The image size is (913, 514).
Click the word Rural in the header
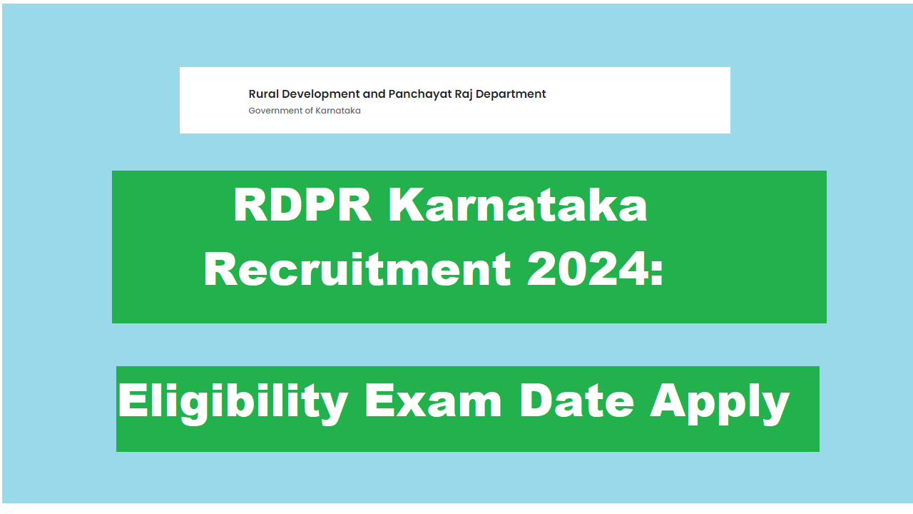point(262,94)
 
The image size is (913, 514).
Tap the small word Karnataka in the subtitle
point(338,111)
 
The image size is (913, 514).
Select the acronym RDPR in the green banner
point(302,206)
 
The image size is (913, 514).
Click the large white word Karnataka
point(519,206)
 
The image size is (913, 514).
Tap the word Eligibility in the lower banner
point(233,402)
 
